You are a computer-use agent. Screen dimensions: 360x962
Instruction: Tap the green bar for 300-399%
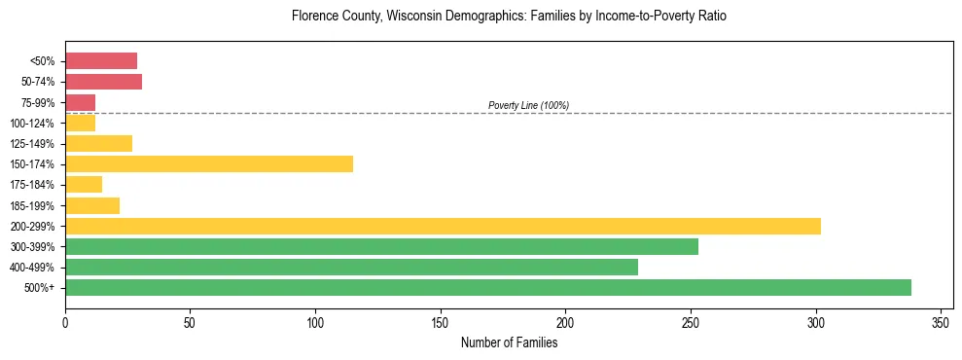(x=381, y=246)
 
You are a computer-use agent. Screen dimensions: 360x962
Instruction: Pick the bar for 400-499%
(x=351, y=267)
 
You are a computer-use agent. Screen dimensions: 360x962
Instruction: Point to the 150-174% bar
(x=209, y=163)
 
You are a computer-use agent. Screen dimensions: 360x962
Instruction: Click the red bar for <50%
(x=101, y=60)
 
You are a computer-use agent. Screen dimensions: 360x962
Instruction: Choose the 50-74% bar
(x=103, y=81)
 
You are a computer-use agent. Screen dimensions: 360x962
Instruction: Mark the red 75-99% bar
(x=80, y=101)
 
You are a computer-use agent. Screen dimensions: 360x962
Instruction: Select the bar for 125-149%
(x=98, y=143)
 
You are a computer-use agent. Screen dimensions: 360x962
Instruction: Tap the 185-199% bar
(x=92, y=205)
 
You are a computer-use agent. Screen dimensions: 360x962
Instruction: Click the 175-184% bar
(x=84, y=184)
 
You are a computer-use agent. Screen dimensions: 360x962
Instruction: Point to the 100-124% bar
(x=80, y=123)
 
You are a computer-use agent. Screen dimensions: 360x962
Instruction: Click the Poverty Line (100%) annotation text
(x=528, y=105)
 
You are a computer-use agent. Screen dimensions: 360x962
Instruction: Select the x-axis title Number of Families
(x=509, y=342)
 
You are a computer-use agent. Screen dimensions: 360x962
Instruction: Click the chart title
(x=509, y=17)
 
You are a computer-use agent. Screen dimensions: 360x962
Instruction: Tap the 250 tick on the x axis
(x=691, y=322)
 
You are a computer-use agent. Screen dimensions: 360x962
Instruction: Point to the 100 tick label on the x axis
(x=315, y=322)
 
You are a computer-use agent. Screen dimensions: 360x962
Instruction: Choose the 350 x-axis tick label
(x=941, y=322)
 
